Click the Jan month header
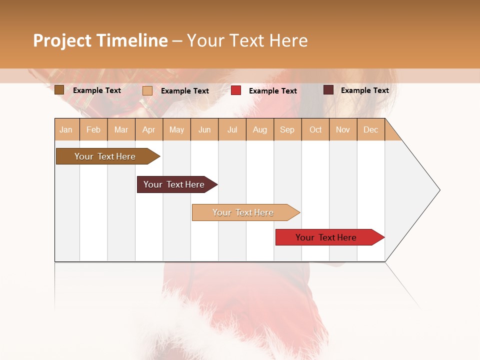[x=66, y=129]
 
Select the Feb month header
[x=93, y=129]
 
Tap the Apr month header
[x=148, y=129]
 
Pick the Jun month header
[x=204, y=129]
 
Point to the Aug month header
[x=259, y=129]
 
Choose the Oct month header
[x=315, y=129]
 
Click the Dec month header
[x=370, y=129]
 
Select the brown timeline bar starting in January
[x=105, y=156]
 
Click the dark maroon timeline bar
[x=174, y=184]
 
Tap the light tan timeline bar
[x=243, y=212]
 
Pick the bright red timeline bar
[x=326, y=237]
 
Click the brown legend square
[x=59, y=90]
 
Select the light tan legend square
[x=147, y=90]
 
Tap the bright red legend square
[x=236, y=90]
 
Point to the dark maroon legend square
[x=328, y=90]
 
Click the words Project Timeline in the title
[x=100, y=40]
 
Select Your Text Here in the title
[x=247, y=40]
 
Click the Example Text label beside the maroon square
[x=364, y=90]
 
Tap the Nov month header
[x=343, y=129]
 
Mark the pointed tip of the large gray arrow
[x=439, y=190]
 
